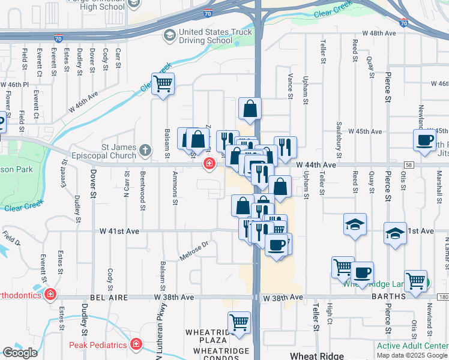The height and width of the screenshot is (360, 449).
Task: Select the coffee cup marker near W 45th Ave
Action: pos(424,140)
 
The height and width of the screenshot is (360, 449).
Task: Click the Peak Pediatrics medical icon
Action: pos(136,344)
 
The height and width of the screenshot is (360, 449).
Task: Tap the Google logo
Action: pos(20,353)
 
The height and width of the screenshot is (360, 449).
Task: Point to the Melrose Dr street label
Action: pos(194,251)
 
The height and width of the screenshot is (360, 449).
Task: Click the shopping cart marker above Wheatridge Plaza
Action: pos(239,322)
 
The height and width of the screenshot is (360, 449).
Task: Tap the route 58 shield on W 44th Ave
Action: pos(408,164)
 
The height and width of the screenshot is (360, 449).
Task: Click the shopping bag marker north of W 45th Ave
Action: pos(250,109)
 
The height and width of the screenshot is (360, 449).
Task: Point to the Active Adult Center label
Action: pos(412,346)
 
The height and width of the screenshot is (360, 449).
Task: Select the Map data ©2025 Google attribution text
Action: pos(411,355)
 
